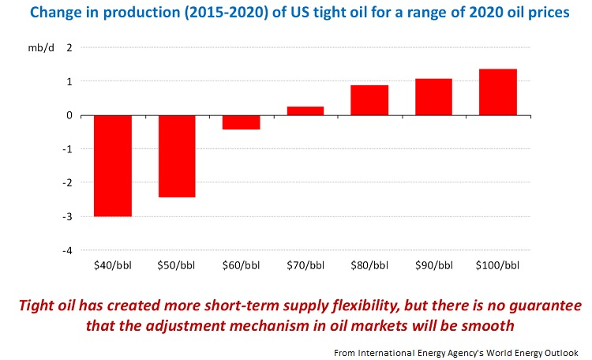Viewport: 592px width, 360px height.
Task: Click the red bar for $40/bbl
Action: [112, 166]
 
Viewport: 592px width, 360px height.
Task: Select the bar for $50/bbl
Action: [176, 156]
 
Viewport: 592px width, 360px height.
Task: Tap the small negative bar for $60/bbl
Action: [241, 122]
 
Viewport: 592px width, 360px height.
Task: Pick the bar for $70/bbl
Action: [305, 111]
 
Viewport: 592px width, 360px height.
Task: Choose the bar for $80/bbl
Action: [369, 100]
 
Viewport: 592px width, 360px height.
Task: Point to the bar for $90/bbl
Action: [434, 97]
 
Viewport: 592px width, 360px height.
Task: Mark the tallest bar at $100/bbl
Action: [498, 92]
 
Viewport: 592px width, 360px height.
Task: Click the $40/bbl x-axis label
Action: [112, 265]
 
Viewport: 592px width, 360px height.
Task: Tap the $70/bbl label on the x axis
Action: [305, 265]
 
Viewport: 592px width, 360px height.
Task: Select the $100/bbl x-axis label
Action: [498, 265]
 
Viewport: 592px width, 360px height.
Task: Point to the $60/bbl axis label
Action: [241, 265]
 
